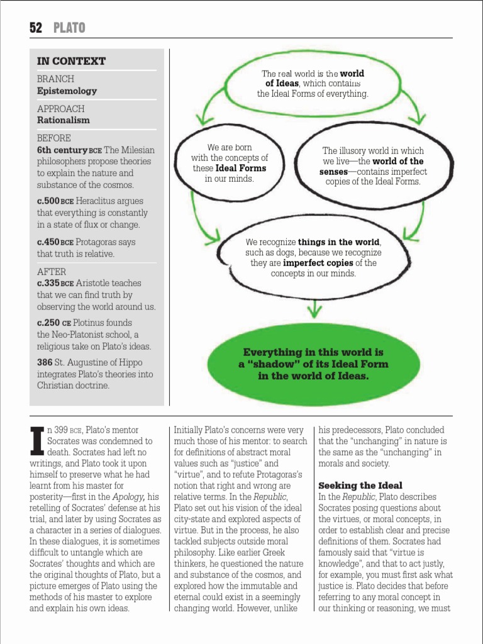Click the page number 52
tap(36, 28)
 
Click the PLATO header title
tap(69, 28)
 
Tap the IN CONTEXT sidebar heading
tap(71, 61)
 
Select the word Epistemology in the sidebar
tap(67, 91)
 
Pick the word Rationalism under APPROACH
tap(63, 119)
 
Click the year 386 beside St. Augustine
tap(45, 363)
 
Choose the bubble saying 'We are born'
tap(230, 164)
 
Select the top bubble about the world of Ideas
tap(313, 84)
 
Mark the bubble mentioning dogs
tap(313, 258)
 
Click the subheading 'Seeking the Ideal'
tap(360, 486)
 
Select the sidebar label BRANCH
tap(55, 79)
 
